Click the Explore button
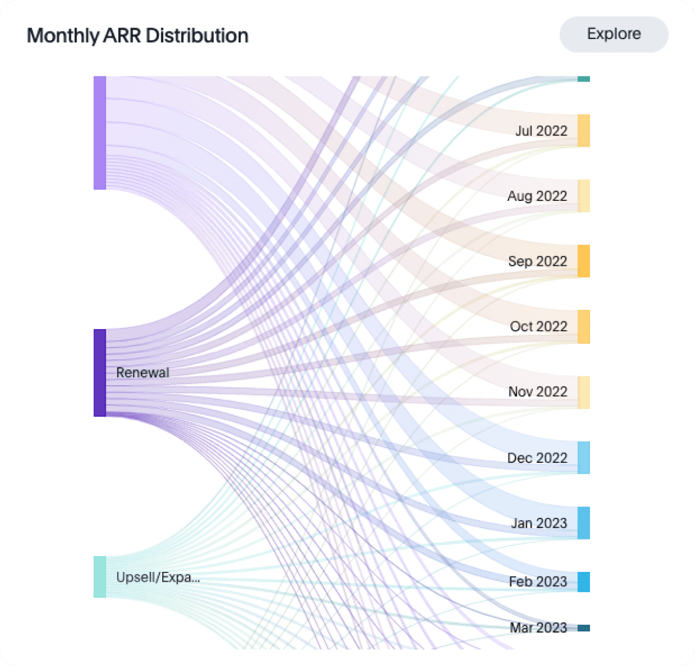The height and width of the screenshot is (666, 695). pos(614,34)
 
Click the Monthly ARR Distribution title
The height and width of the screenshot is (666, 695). pos(137,36)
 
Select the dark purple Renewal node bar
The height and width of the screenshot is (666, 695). pos(100,373)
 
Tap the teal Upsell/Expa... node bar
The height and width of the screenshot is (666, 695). pos(100,577)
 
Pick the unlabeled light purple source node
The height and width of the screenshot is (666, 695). pos(100,133)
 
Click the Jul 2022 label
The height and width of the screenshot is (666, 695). pos(541,131)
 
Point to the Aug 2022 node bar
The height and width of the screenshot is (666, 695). pos(583,196)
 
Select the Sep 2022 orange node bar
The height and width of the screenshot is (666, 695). pos(583,261)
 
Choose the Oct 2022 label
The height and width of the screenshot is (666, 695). pos(538,326)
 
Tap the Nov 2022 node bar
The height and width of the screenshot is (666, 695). pos(583,392)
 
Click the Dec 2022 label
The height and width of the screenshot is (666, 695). pos(537,458)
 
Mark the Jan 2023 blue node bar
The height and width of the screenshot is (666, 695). pos(583,523)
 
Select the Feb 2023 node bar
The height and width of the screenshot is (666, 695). pos(583,582)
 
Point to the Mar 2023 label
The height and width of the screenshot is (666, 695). pos(538,627)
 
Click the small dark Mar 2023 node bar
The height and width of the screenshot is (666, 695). pos(583,628)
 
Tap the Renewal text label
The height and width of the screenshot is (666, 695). pos(142,373)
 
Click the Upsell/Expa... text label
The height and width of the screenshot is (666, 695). pos(158,577)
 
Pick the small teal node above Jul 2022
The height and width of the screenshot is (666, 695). pos(583,79)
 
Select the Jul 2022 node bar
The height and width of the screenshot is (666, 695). pos(583,131)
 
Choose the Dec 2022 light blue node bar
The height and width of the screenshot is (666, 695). pos(583,457)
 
